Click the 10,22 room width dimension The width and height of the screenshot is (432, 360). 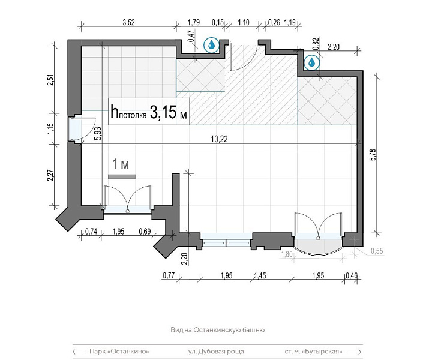click(220, 139)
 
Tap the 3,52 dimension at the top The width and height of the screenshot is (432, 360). click(128, 22)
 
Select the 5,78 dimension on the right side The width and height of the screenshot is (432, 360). click(373, 155)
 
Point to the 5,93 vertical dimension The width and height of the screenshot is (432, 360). click(99, 134)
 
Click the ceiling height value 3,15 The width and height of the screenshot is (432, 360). click(163, 112)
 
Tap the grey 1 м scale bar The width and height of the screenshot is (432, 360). click(121, 176)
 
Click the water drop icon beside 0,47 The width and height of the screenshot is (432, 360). click(212, 44)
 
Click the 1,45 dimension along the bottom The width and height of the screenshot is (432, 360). click(260, 275)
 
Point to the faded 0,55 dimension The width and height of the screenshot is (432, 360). click(377, 251)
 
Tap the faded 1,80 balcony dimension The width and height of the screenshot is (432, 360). click(287, 254)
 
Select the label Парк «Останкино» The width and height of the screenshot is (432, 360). click(119, 352)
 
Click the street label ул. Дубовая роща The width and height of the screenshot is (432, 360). click(216, 352)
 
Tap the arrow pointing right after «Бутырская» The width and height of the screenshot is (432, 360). click(355, 352)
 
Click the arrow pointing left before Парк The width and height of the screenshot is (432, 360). click(79, 352)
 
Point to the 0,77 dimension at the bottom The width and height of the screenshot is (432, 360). click(169, 275)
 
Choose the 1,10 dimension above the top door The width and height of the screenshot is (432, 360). click(243, 22)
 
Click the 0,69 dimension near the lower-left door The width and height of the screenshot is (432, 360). click(145, 232)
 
